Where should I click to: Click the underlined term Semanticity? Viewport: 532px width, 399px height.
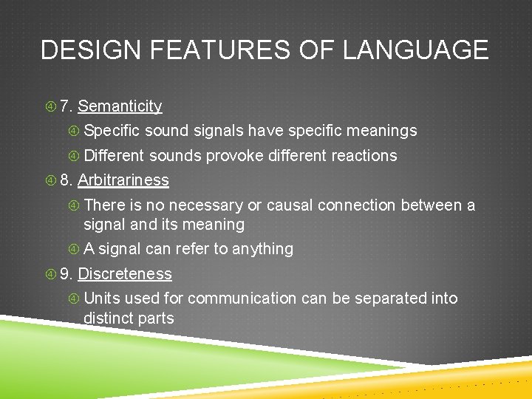click(x=120, y=106)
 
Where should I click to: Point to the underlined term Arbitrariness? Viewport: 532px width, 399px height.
click(x=123, y=180)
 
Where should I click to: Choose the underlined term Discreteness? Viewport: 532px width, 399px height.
click(x=125, y=274)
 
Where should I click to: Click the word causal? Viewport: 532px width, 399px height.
click(x=290, y=205)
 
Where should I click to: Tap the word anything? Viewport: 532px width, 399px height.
click(x=262, y=250)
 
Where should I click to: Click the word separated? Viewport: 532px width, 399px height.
click(x=395, y=299)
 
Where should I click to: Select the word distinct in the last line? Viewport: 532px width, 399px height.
click(x=108, y=318)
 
